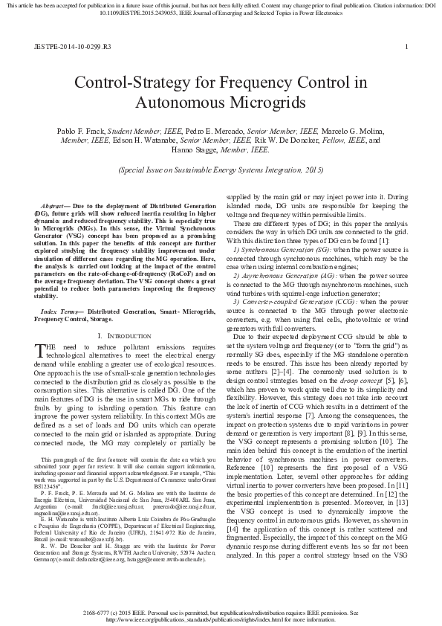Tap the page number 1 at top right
pyautogui.click(x=406, y=46)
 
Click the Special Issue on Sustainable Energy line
pyautogui.click(x=221, y=170)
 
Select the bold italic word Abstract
pyautogui.click(x=53, y=203)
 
